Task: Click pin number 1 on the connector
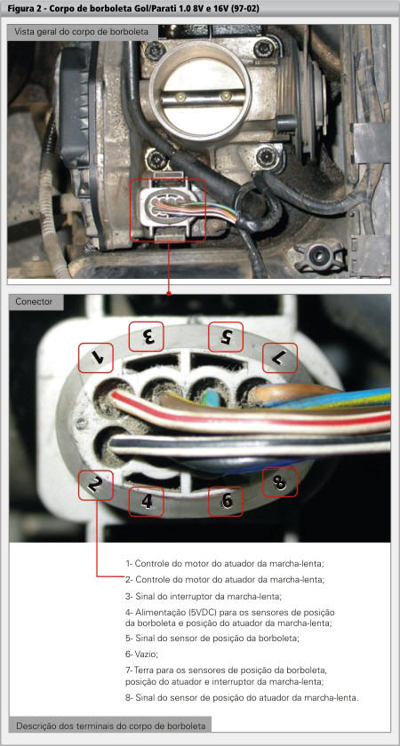coord(96,358)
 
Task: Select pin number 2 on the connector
coord(96,485)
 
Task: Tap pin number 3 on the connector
coord(146,337)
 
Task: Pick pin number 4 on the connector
coord(146,502)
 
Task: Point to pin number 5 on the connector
coord(226,337)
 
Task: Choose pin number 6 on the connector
coord(226,502)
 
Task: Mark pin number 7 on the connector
coord(280,357)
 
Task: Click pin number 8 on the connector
coord(280,481)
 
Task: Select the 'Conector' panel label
coord(34,302)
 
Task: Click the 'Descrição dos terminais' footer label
coord(111,726)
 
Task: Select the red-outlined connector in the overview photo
coord(168,210)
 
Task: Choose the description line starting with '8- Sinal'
coord(242,698)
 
